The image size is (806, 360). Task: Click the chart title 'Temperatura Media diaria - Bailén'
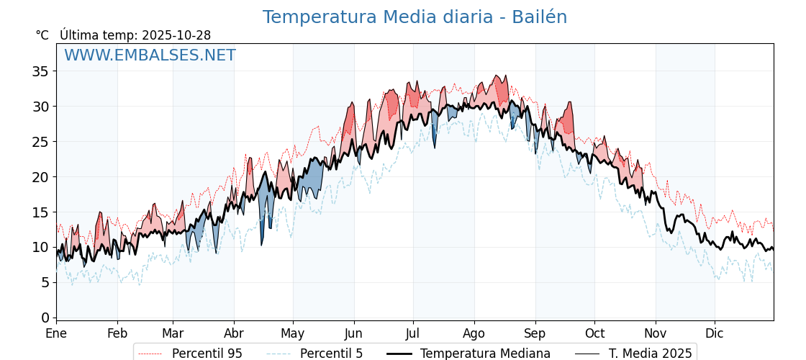pyautogui.click(x=415, y=17)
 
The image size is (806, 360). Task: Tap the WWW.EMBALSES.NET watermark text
pyautogui.click(x=150, y=55)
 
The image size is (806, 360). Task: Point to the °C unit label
pyautogui.click(x=42, y=35)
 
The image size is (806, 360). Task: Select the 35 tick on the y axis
pyautogui.click(x=40, y=71)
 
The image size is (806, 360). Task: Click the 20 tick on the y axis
pyautogui.click(x=40, y=177)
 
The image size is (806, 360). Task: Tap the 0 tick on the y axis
pyautogui.click(x=45, y=318)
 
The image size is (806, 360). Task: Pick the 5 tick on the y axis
pyautogui.click(x=45, y=282)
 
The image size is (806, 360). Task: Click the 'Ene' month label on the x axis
pyautogui.click(x=56, y=333)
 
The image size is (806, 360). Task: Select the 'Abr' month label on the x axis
pyautogui.click(x=234, y=333)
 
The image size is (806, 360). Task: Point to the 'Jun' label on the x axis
pyautogui.click(x=353, y=333)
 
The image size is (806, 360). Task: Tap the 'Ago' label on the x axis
pyautogui.click(x=474, y=333)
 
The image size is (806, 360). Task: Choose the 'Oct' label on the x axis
pyautogui.click(x=594, y=333)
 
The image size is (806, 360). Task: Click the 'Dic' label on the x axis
pyautogui.click(x=715, y=333)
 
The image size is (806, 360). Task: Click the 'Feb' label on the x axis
pyautogui.click(x=117, y=333)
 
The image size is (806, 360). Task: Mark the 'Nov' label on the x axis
pyautogui.click(x=656, y=333)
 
